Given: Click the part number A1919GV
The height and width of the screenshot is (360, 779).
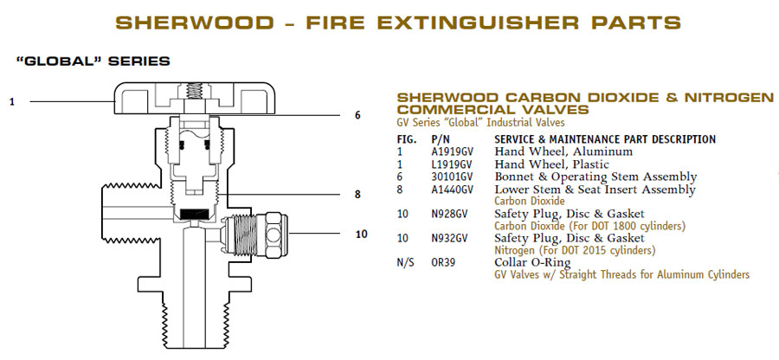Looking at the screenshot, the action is point(452,151).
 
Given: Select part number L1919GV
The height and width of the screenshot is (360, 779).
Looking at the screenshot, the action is point(451,164).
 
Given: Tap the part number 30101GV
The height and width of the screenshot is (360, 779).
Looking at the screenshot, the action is point(451,177).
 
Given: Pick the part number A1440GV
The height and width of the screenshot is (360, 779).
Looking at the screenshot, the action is point(452,190).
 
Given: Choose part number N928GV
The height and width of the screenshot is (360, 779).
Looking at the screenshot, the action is point(449,214).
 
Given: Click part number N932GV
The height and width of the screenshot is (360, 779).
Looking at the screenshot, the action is point(449,238).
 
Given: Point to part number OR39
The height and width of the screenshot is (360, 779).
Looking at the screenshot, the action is point(443,263).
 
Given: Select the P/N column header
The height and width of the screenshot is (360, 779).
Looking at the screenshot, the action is point(441,139).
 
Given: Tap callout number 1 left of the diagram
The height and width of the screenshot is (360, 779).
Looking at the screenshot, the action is point(12,101).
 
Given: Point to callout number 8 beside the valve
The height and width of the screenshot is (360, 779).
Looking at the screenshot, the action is point(357,195).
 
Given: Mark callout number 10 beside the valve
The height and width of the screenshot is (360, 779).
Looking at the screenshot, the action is point(361,234).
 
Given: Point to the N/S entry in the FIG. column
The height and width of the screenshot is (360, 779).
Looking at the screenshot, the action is point(406,263).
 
